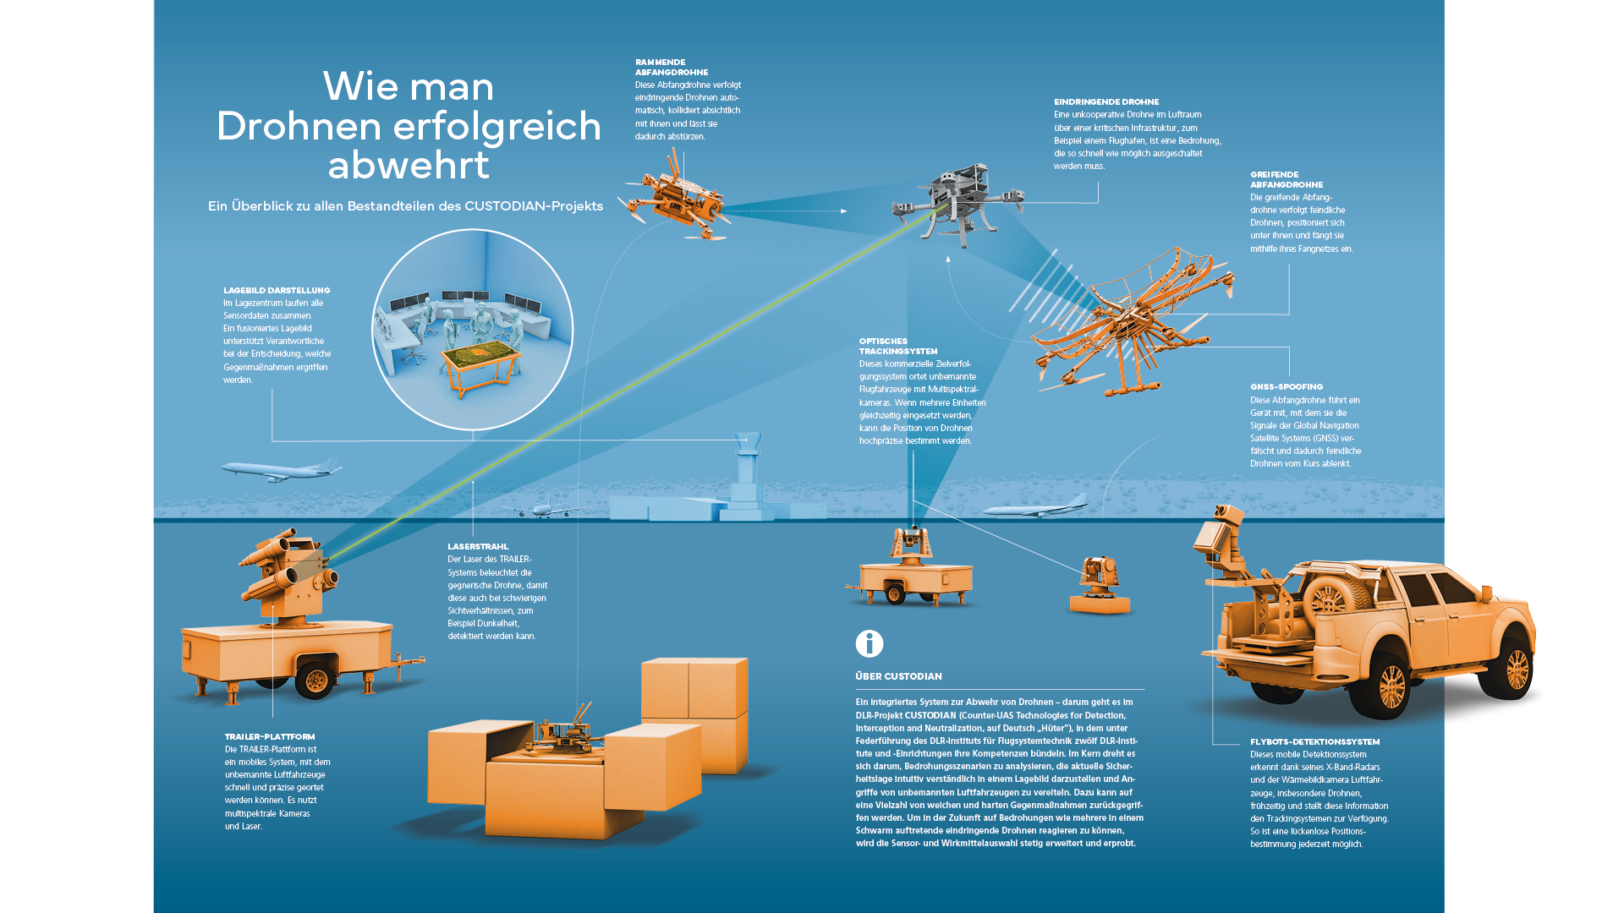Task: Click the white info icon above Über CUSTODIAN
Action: [870, 643]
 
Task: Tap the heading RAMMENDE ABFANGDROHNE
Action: [672, 68]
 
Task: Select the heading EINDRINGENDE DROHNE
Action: [1106, 101]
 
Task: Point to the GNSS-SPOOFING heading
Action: [1287, 386]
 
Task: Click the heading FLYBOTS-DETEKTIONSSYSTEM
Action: [1314, 741]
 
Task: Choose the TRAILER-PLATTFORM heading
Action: [270, 736]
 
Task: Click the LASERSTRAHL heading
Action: [478, 546]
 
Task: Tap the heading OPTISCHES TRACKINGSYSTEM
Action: [897, 346]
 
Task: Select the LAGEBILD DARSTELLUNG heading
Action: [277, 290]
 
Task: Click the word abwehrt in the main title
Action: [409, 164]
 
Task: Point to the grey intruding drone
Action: [958, 201]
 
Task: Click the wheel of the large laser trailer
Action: [315, 679]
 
